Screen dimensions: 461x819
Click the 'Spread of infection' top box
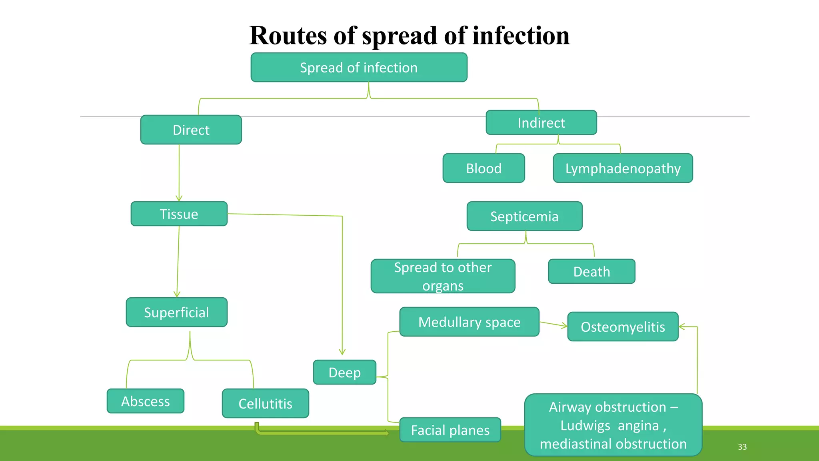click(359, 68)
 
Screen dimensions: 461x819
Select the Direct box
click(191, 130)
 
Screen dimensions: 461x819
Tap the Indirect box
click(541, 123)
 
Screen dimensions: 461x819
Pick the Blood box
click(483, 168)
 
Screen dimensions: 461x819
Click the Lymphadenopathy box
click(623, 168)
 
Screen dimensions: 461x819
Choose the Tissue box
click(179, 214)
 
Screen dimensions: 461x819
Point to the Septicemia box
click(524, 216)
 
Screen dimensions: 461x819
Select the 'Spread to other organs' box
click(443, 277)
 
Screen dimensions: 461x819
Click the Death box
click(591, 272)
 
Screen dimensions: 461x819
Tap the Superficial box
click(176, 313)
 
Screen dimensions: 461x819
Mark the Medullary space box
click(469, 322)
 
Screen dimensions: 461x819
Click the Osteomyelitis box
click(623, 327)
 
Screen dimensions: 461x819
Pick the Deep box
click(344, 373)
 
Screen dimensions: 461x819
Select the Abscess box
click(145, 401)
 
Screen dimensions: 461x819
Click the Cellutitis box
click(265, 404)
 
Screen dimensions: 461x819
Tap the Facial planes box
click(450, 430)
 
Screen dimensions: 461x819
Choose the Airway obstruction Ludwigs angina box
click(613, 425)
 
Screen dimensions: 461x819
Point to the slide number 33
click(742, 447)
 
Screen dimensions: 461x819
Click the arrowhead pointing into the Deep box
click(342, 352)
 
